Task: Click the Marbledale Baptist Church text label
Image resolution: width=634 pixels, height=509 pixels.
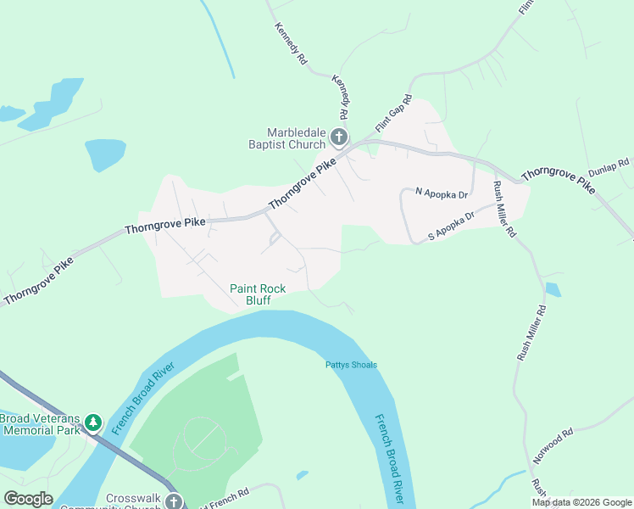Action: pyautogui.click(x=296, y=138)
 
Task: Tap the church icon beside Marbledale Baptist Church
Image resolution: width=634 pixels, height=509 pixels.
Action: pyautogui.click(x=338, y=137)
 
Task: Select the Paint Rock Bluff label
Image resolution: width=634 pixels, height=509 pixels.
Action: pyautogui.click(x=258, y=294)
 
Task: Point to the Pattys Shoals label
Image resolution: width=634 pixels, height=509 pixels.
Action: pyautogui.click(x=351, y=366)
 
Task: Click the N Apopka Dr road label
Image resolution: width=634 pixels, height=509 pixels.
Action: pyautogui.click(x=441, y=193)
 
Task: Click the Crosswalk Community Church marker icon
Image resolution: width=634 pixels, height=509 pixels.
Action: pyautogui.click(x=174, y=501)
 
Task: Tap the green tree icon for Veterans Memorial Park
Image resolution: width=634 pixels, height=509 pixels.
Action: pyautogui.click(x=92, y=422)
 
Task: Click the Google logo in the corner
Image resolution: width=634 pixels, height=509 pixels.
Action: pyautogui.click(x=27, y=499)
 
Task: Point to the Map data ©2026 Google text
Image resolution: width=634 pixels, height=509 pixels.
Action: pyautogui.click(x=581, y=502)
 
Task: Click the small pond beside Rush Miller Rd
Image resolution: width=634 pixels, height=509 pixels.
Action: pyautogui.click(x=553, y=289)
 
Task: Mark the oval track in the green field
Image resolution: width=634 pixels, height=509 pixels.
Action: pyautogui.click(x=200, y=442)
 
